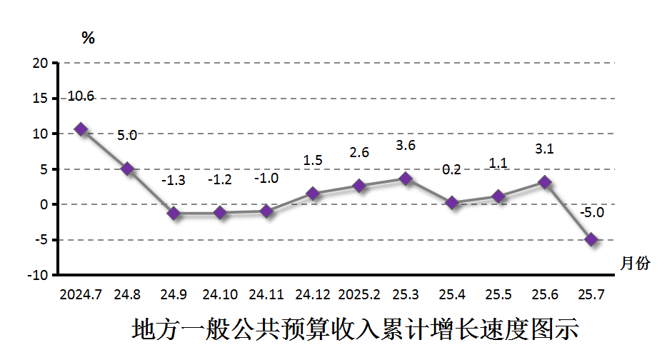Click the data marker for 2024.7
click(x=81, y=129)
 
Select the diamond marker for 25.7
click(x=591, y=240)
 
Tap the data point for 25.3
click(x=406, y=179)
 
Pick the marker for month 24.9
click(x=174, y=213)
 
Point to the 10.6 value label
click(x=81, y=96)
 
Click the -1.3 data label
click(x=174, y=180)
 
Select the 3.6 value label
click(x=406, y=146)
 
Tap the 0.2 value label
click(x=452, y=169)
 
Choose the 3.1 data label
click(x=545, y=149)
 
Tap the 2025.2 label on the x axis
click(x=359, y=294)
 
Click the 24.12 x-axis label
click(x=313, y=294)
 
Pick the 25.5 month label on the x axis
click(x=498, y=294)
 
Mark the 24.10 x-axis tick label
click(x=220, y=294)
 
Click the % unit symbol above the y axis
click(x=89, y=39)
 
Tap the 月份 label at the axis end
click(x=635, y=264)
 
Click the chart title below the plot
click(x=355, y=330)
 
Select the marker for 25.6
click(x=545, y=183)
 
